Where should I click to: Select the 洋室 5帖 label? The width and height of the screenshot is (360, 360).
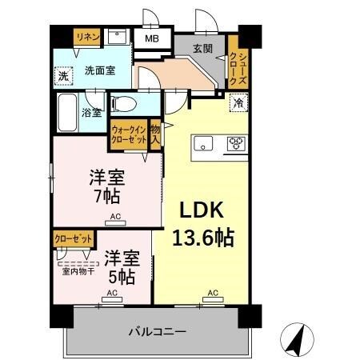pyautogui.click(x=122, y=267)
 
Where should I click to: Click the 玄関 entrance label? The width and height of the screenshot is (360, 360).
pyautogui.click(x=202, y=48)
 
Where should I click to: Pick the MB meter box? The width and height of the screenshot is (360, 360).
pyautogui.click(x=151, y=38)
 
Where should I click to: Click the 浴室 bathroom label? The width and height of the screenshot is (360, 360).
pyautogui.click(x=91, y=112)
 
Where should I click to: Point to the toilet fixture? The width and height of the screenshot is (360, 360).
pyautogui.click(x=123, y=104)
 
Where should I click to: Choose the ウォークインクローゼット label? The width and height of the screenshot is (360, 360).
pyautogui.click(x=129, y=133)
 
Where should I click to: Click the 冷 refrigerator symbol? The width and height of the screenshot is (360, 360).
pyautogui.click(x=238, y=102)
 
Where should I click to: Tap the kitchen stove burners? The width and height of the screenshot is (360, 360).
pyautogui.click(x=235, y=144)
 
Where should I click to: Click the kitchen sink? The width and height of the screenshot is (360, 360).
pyautogui.click(x=203, y=144)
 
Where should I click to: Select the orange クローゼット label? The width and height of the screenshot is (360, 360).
pyautogui.click(x=73, y=238)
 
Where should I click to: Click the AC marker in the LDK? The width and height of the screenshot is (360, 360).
pyautogui.click(x=213, y=293)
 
